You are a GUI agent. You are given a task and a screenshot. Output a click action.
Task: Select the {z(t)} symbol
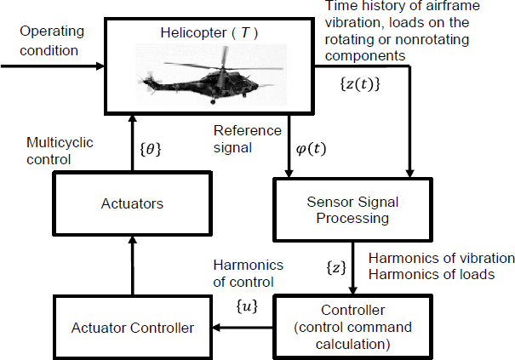[x=359, y=85]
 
